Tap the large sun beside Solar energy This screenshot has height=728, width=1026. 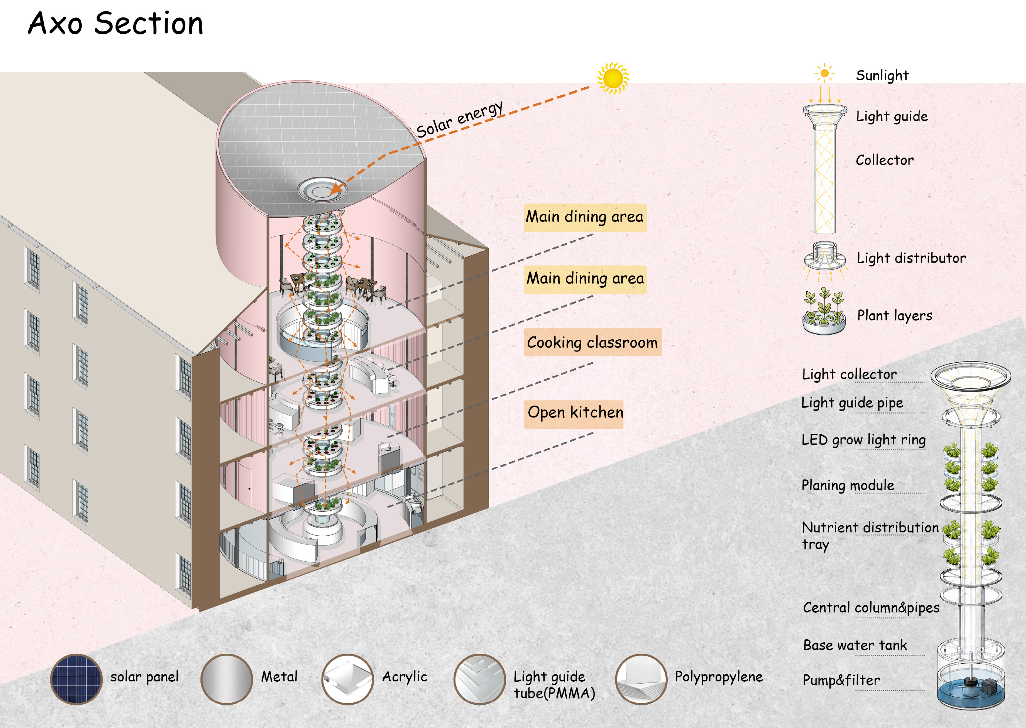pos(613,78)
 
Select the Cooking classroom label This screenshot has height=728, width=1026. pos(593,342)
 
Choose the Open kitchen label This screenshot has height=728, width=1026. pos(574,412)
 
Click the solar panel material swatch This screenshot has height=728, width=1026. pos(76,679)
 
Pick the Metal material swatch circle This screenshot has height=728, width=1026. pos(226,679)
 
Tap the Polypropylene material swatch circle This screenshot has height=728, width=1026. pos(641,679)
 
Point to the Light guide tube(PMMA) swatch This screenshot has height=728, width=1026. pos(480,679)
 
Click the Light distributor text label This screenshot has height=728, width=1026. pos(911,258)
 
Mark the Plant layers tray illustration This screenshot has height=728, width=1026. pos(824,312)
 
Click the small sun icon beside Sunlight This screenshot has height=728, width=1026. pos(825,73)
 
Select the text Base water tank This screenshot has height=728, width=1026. pos(855,645)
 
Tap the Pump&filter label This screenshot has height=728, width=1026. pos(841,680)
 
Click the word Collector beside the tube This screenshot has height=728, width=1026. pos(885,160)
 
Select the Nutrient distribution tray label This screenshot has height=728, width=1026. pos(870,536)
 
